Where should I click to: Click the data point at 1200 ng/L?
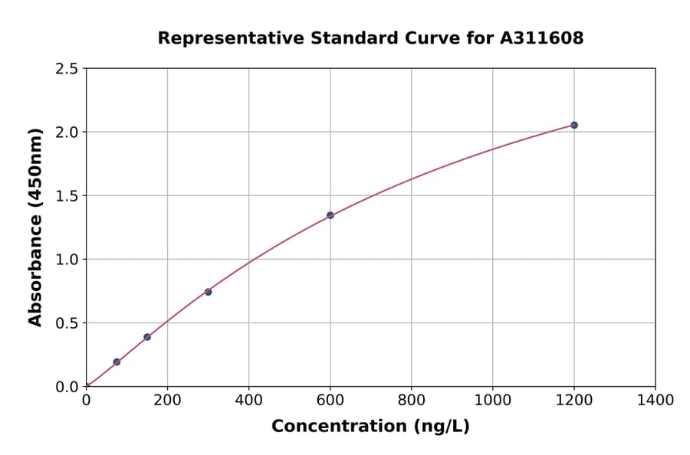click(x=573, y=125)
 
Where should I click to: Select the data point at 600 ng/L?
click(x=330, y=215)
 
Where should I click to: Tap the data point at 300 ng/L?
click(x=208, y=292)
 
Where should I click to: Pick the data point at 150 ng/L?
click(x=147, y=337)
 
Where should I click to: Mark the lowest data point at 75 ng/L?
click(x=117, y=362)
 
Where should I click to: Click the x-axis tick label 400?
click(x=248, y=400)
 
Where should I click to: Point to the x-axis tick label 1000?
click(x=492, y=400)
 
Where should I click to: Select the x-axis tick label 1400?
click(x=655, y=400)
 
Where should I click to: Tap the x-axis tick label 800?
click(x=411, y=400)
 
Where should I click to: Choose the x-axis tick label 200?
click(x=167, y=400)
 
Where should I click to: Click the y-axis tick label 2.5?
click(x=67, y=69)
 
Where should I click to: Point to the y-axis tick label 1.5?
click(x=67, y=196)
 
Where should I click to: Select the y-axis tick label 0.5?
click(x=67, y=323)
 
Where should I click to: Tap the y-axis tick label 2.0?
click(x=67, y=133)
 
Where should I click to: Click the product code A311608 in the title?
click(x=542, y=38)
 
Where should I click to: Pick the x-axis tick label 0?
click(x=86, y=400)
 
